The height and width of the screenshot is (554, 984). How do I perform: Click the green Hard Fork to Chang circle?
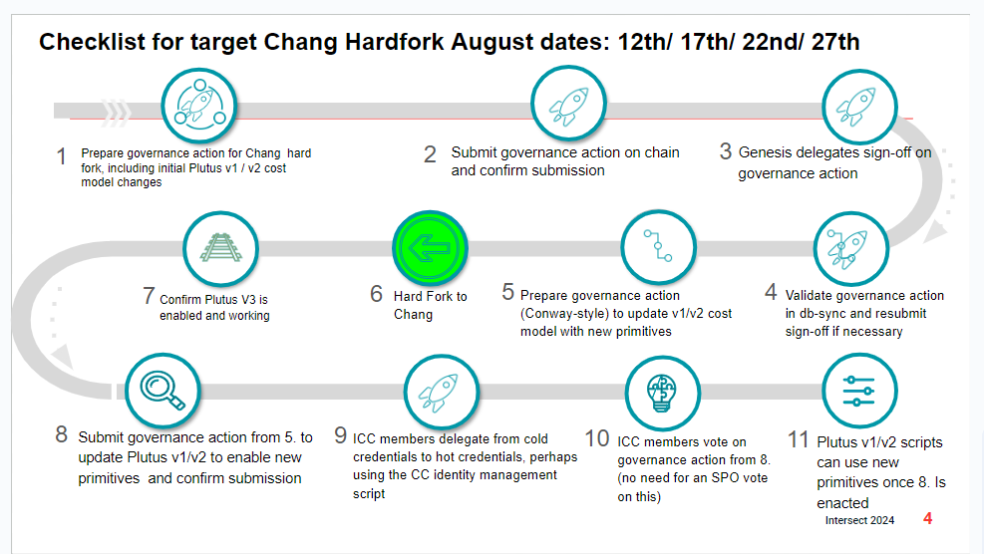click(x=430, y=248)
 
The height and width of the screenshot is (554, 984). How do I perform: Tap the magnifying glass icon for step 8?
click(x=163, y=391)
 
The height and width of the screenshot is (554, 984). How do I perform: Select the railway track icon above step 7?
click(x=220, y=248)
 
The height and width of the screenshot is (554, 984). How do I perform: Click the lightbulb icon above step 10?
click(x=662, y=393)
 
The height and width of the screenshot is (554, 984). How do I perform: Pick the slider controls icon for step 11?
click(x=859, y=391)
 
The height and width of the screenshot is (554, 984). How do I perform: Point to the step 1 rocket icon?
click(x=199, y=106)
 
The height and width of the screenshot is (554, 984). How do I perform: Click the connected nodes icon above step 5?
click(x=658, y=246)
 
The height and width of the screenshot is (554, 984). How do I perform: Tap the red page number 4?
click(x=927, y=518)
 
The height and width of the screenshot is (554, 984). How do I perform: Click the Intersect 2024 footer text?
click(x=859, y=520)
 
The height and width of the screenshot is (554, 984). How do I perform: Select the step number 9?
click(x=340, y=434)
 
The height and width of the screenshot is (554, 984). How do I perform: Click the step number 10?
click(x=597, y=438)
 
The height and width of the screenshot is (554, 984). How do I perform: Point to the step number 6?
click(x=376, y=293)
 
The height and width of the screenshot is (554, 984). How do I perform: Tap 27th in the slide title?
click(x=835, y=42)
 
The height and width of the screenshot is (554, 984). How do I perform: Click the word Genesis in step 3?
click(x=765, y=152)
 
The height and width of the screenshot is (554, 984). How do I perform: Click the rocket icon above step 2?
click(x=568, y=104)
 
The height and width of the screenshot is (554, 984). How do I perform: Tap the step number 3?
click(x=726, y=150)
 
